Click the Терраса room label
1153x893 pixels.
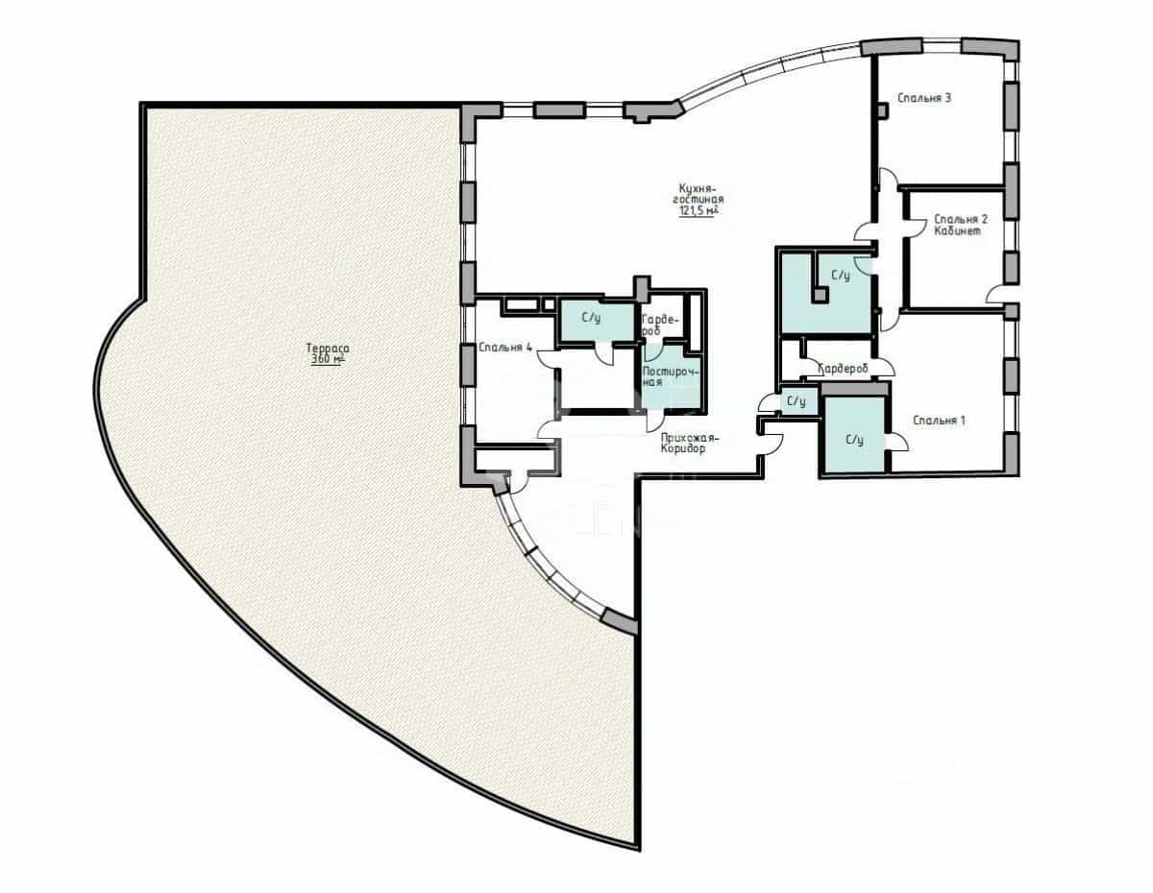328,349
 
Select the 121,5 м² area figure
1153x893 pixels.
699,211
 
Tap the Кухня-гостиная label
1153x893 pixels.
699,194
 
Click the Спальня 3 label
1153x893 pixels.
924,98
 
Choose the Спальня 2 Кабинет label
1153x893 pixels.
961,225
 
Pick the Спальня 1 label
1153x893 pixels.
939,421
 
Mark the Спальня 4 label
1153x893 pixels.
505,348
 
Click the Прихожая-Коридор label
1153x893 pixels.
689,444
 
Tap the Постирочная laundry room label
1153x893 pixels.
671,376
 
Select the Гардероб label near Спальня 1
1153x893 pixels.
843,368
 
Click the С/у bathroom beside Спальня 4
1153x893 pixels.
591,318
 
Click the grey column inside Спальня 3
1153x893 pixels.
882,110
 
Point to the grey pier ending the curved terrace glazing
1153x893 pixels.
619,620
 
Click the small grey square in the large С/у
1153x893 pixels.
820,296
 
